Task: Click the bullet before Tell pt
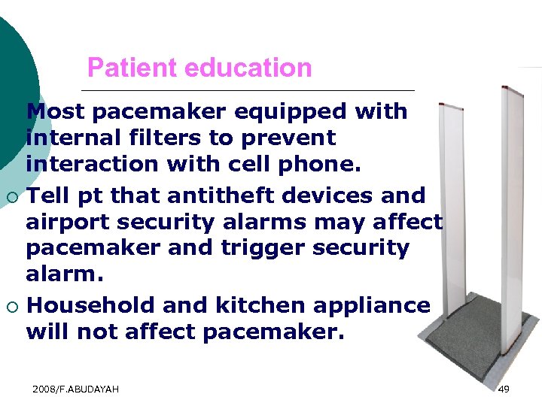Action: click(13, 197)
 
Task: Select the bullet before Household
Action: click(13, 307)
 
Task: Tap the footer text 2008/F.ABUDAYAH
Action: click(76, 388)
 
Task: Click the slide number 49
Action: click(504, 388)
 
